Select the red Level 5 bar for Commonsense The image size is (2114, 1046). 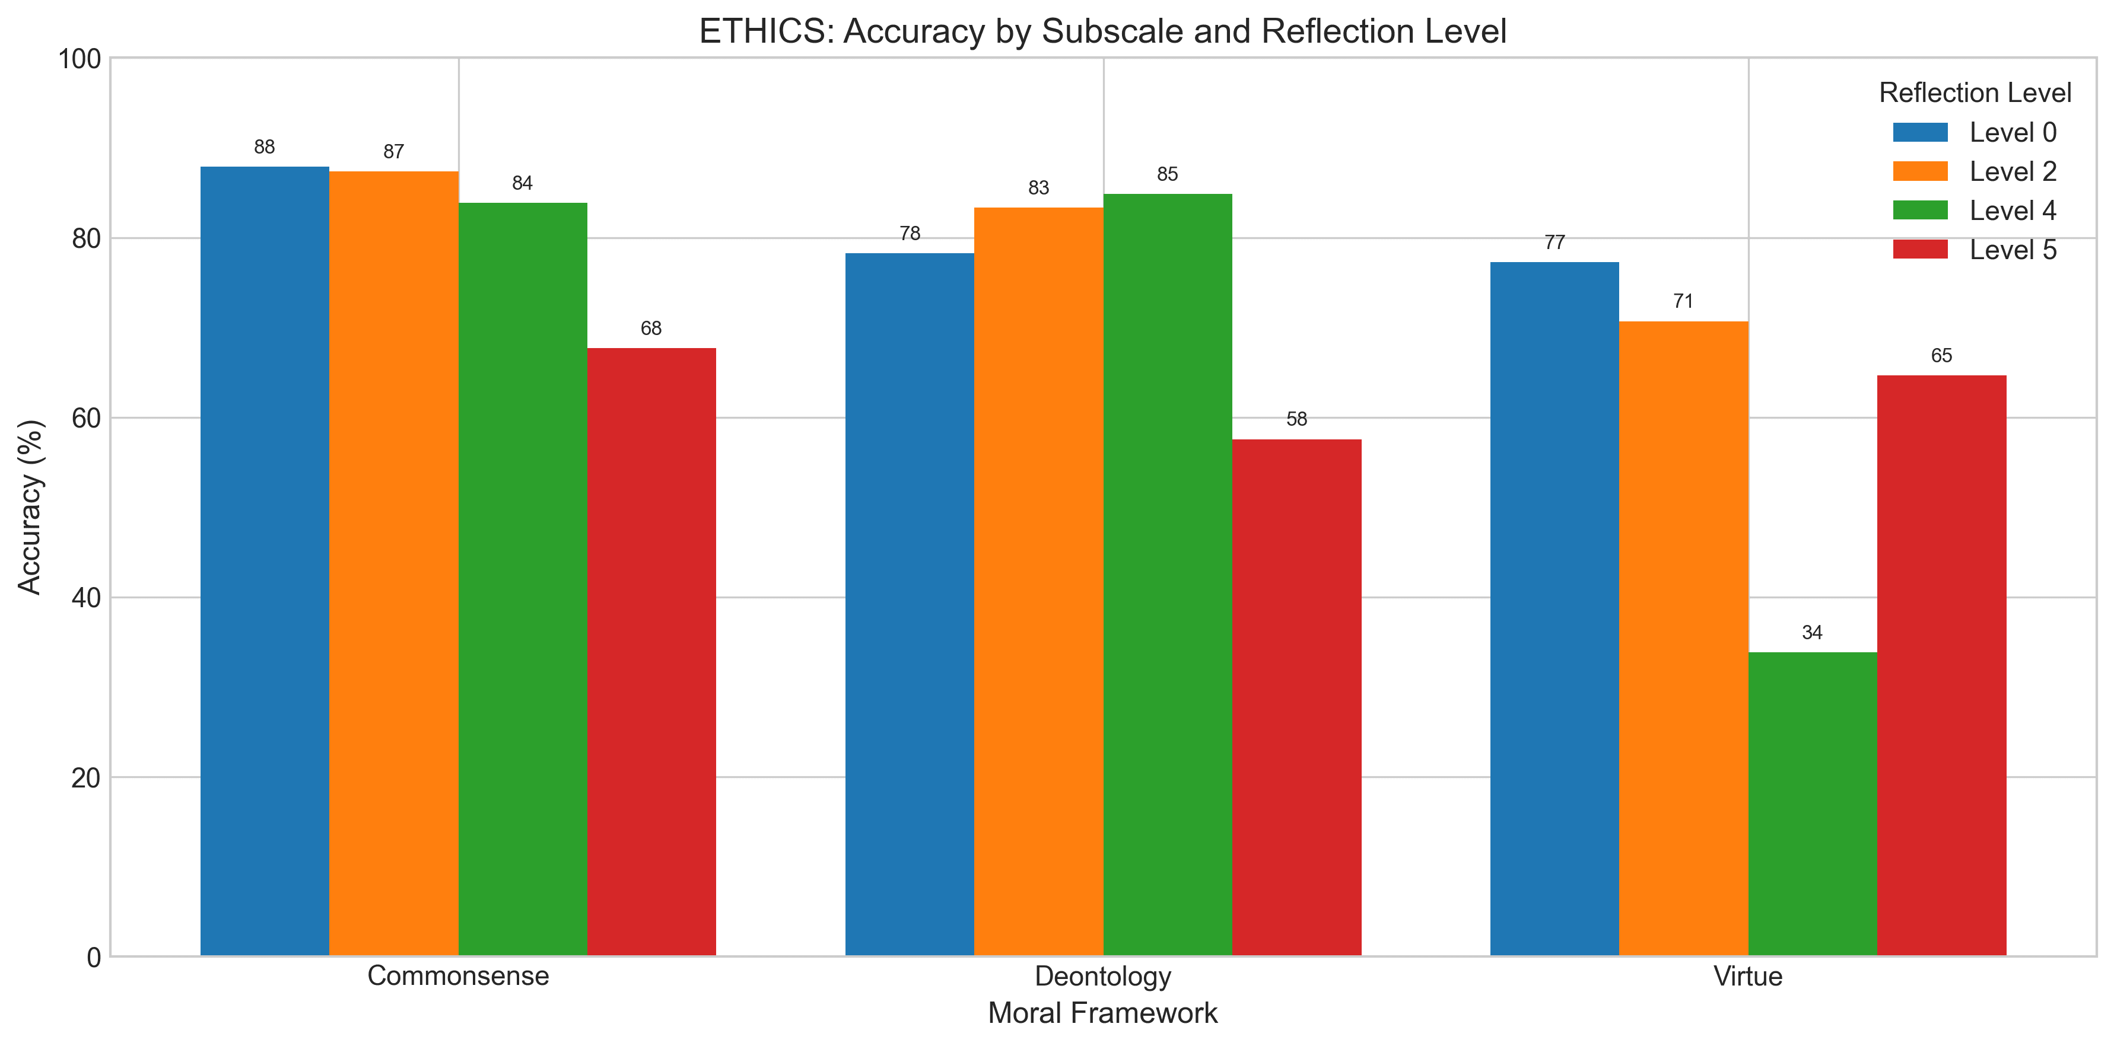(x=651, y=652)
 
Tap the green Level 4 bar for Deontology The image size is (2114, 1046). (x=1168, y=574)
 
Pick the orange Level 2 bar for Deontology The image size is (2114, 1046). (x=1038, y=582)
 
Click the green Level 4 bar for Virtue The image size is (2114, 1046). (x=1812, y=804)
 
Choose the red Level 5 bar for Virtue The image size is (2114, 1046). (x=1942, y=665)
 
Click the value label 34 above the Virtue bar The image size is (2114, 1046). (x=1812, y=633)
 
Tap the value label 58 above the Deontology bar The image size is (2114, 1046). (x=1296, y=419)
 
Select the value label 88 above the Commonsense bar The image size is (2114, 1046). (x=264, y=147)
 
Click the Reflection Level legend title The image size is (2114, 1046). (x=1975, y=93)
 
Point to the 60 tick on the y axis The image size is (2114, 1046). (x=85, y=419)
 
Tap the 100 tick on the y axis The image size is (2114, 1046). (x=79, y=59)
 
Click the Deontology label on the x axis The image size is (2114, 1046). (x=1103, y=976)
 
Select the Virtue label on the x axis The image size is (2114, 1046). (x=1748, y=976)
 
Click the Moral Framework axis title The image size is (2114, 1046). (x=1103, y=1013)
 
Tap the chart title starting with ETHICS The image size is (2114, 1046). (x=1103, y=31)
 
